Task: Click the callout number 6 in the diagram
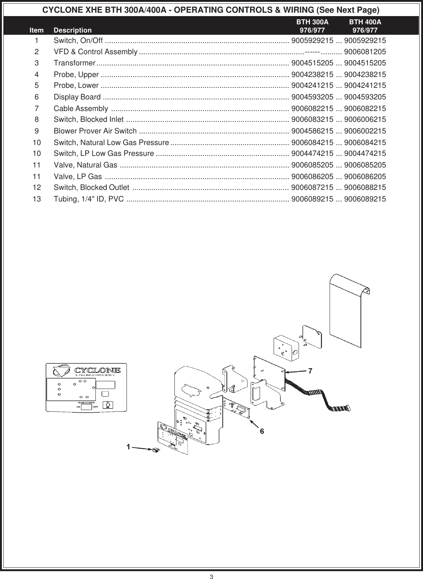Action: [x=262, y=431]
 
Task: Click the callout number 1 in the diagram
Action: [x=128, y=446]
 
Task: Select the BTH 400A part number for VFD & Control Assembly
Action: [x=365, y=52]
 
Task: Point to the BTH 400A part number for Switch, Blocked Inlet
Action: [x=365, y=120]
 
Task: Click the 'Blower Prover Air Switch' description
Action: [x=95, y=131]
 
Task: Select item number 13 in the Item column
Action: [x=37, y=199]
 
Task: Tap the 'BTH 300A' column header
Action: [x=312, y=23]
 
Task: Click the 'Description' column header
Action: [x=72, y=30]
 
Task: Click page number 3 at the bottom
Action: [x=211, y=576]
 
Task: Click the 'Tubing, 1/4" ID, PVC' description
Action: [x=89, y=199]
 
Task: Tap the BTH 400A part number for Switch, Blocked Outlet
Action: [x=365, y=187]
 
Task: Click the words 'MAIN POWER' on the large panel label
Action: [x=86, y=402]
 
